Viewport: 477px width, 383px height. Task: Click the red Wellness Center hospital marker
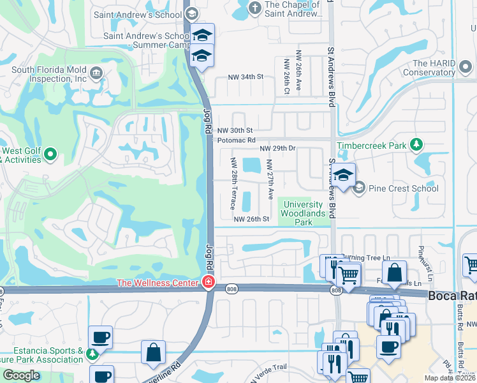(x=208, y=282)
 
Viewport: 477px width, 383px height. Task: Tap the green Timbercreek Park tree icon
(x=416, y=146)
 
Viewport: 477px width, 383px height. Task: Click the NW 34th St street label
(x=246, y=77)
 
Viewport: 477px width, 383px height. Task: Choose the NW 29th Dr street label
(x=278, y=148)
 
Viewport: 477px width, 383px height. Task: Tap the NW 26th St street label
(x=252, y=219)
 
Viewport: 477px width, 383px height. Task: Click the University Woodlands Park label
(x=304, y=213)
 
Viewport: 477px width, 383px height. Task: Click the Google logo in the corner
(x=21, y=375)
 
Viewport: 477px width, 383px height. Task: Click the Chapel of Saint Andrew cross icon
(x=255, y=8)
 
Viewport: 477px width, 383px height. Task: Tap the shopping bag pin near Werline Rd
(x=154, y=352)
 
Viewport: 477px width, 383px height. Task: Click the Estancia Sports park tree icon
(x=93, y=353)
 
